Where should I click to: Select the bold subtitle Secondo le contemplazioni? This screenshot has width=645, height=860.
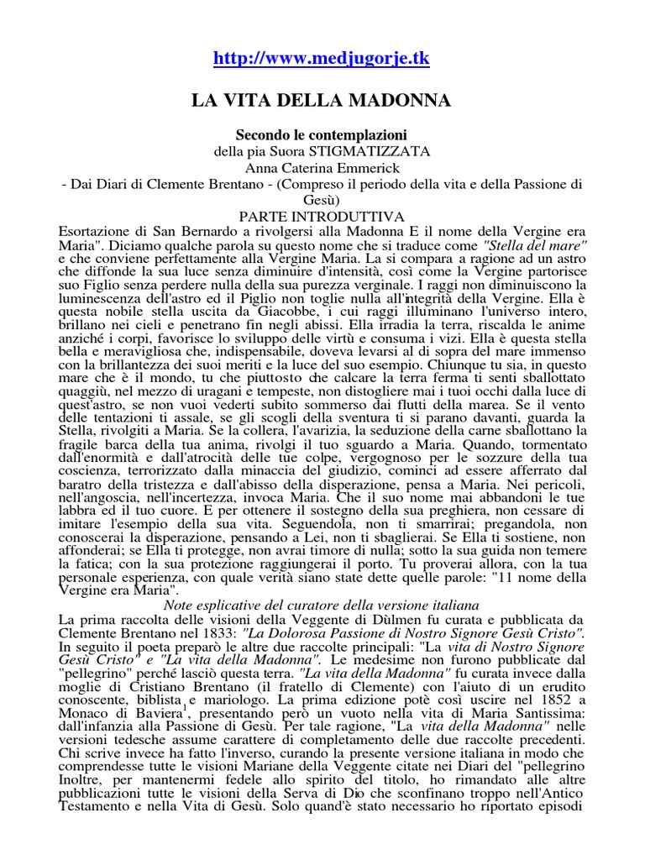[x=322, y=134]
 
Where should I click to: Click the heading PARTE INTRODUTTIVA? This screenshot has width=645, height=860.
[x=322, y=217]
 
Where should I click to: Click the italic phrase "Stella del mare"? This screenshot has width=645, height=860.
[x=540, y=245]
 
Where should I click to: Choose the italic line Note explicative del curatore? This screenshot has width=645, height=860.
[x=322, y=605]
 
